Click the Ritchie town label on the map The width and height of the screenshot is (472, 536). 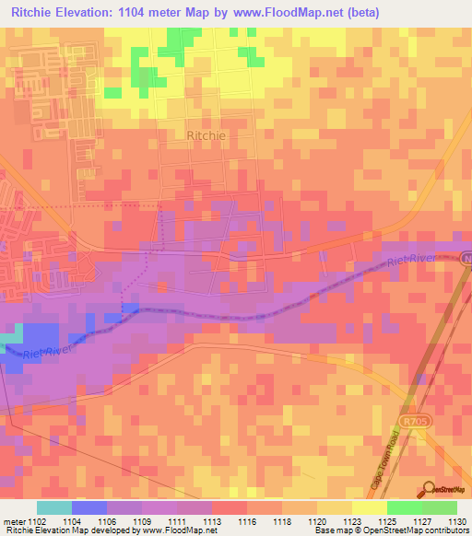206,134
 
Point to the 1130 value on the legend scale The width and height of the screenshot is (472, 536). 457,520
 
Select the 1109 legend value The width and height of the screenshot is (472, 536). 142,520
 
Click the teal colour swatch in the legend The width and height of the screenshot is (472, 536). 54,507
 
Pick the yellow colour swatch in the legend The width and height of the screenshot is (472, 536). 369,507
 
